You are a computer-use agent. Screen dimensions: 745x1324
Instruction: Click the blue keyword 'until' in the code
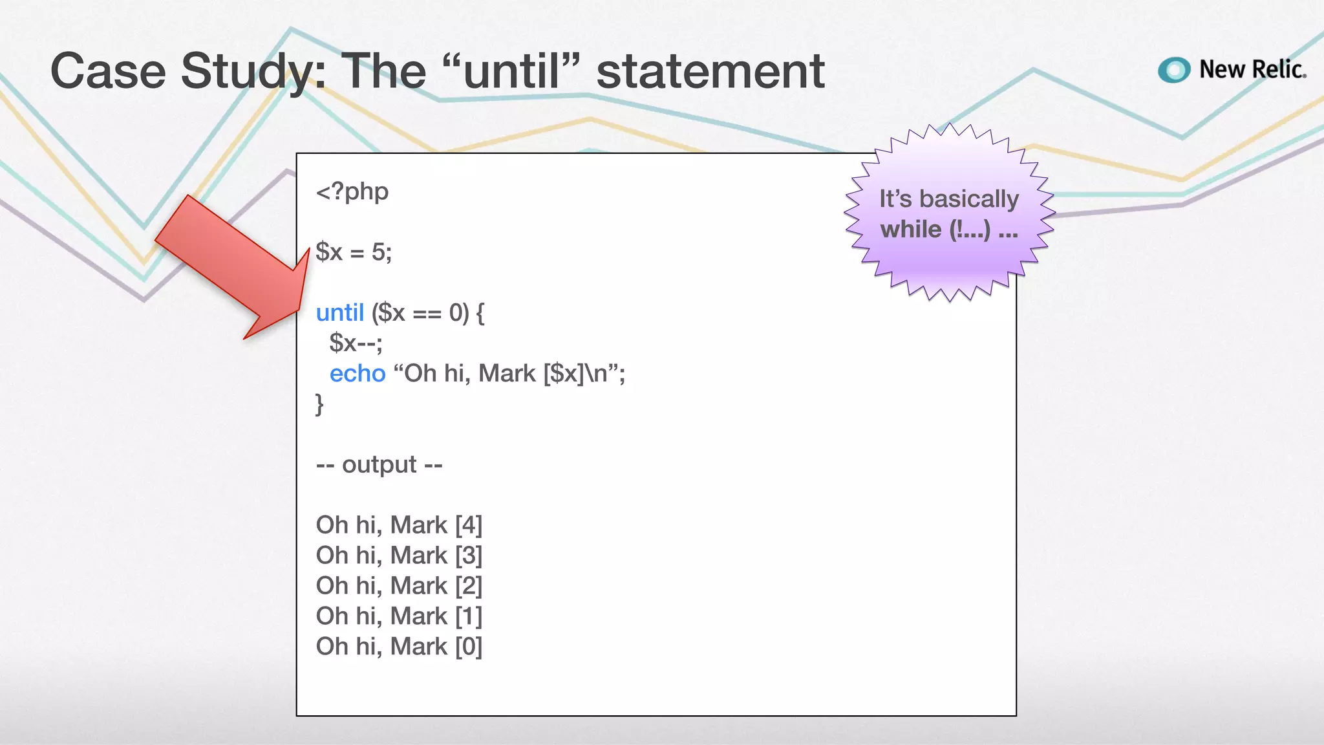[340, 313]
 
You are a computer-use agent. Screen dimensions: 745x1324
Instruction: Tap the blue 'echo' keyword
[358, 374]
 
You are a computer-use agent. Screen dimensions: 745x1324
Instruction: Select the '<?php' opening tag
[352, 191]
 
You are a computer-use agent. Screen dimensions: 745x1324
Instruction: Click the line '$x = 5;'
[354, 252]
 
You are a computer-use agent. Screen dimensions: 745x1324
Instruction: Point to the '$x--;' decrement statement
[356, 343]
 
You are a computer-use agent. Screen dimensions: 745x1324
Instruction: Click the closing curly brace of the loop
[319, 404]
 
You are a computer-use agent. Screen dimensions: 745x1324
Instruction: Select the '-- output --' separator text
[379, 464]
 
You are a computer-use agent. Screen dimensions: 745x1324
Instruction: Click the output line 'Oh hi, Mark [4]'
[399, 525]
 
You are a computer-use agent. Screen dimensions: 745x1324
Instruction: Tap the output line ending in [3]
[399, 556]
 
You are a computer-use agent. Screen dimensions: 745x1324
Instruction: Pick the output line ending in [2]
[399, 586]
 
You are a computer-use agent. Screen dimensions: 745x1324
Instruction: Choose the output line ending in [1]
[399, 616]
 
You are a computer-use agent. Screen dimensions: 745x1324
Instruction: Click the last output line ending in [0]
[399, 647]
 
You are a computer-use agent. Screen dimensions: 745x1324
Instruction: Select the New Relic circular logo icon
[1174, 70]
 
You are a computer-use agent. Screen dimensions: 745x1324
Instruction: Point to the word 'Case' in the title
[108, 71]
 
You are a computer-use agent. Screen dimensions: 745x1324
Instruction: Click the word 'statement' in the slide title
[710, 71]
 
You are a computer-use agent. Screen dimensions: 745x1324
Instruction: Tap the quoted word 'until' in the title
[511, 71]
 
